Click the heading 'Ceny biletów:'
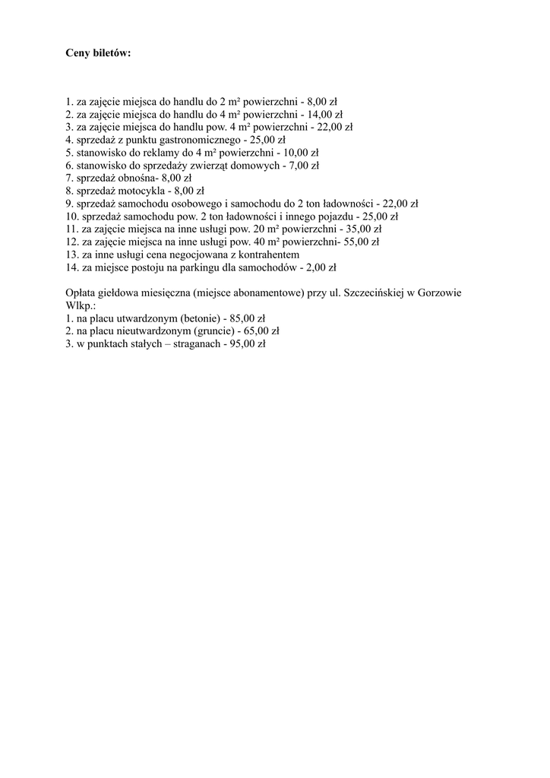pos(98,54)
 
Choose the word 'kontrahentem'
pos(270,254)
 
